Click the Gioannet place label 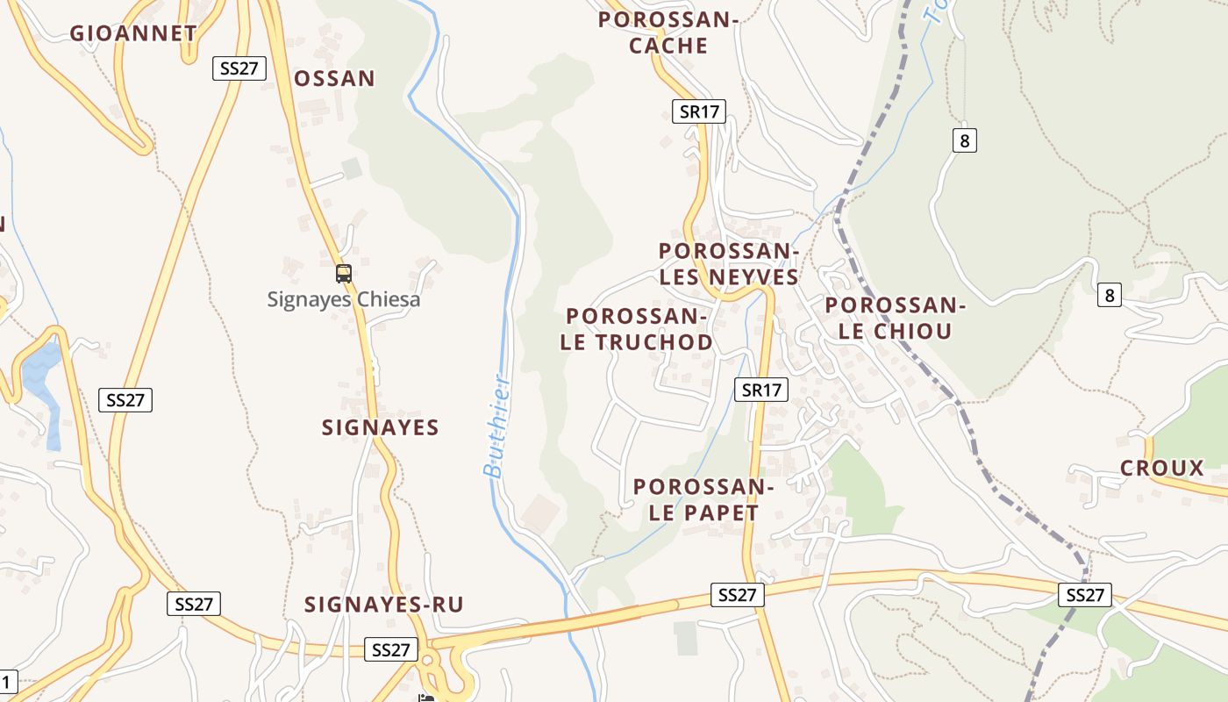click(133, 33)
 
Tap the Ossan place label click(334, 79)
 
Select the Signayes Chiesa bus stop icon click(344, 274)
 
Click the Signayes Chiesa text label click(344, 299)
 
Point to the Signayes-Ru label click(384, 605)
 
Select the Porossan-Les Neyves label click(729, 264)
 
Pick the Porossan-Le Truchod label click(637, 329)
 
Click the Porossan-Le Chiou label click(895, 318)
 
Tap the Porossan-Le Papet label click(703, 499)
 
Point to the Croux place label click(1162, 469)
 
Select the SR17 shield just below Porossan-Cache click(699, 111)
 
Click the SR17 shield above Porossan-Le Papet click(760, 390)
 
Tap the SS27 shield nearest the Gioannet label click(239, 68)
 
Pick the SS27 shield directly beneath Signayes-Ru click(391, 649)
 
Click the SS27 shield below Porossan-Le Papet click(737, 595)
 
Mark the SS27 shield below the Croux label click(1085, 595)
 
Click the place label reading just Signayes click(380, 427)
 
